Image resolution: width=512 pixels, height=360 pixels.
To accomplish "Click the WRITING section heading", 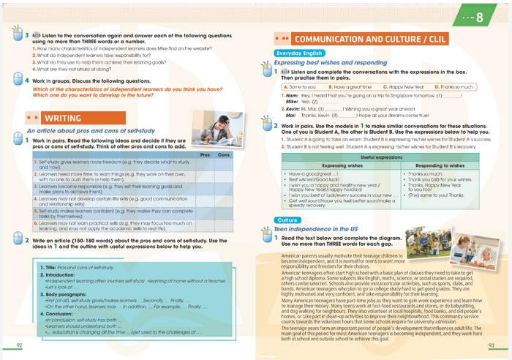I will coord(62,117).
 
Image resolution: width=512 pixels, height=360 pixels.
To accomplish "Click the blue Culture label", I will coord(286,199).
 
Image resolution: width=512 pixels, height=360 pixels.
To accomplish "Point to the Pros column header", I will coord(206,154).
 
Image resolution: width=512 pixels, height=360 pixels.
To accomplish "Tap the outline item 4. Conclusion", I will coord(57,312).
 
